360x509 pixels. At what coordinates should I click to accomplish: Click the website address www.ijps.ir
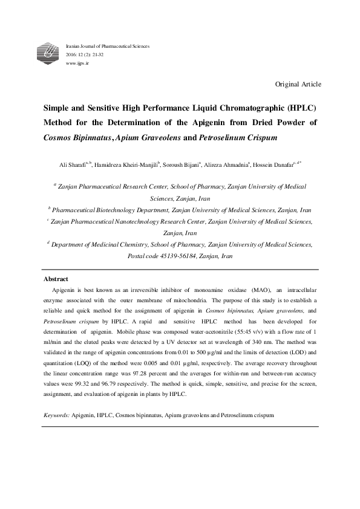(x=76, y=62)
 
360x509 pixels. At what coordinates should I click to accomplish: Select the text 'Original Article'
(x=298, y=84)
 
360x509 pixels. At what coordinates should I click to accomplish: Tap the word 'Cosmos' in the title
(x=58, y=137)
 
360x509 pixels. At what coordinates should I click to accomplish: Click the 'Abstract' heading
(x=55, y=279)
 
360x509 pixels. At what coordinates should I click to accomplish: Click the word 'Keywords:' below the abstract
(x=57, y=416)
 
